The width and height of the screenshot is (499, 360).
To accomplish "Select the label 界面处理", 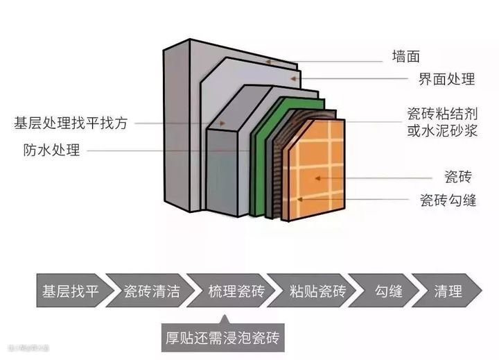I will point(447,79).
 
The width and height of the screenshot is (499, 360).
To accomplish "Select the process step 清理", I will point(448,291).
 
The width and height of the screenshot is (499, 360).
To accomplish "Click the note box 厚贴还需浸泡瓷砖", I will point(224,339).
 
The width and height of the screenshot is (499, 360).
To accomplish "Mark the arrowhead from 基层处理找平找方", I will point(224,123).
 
